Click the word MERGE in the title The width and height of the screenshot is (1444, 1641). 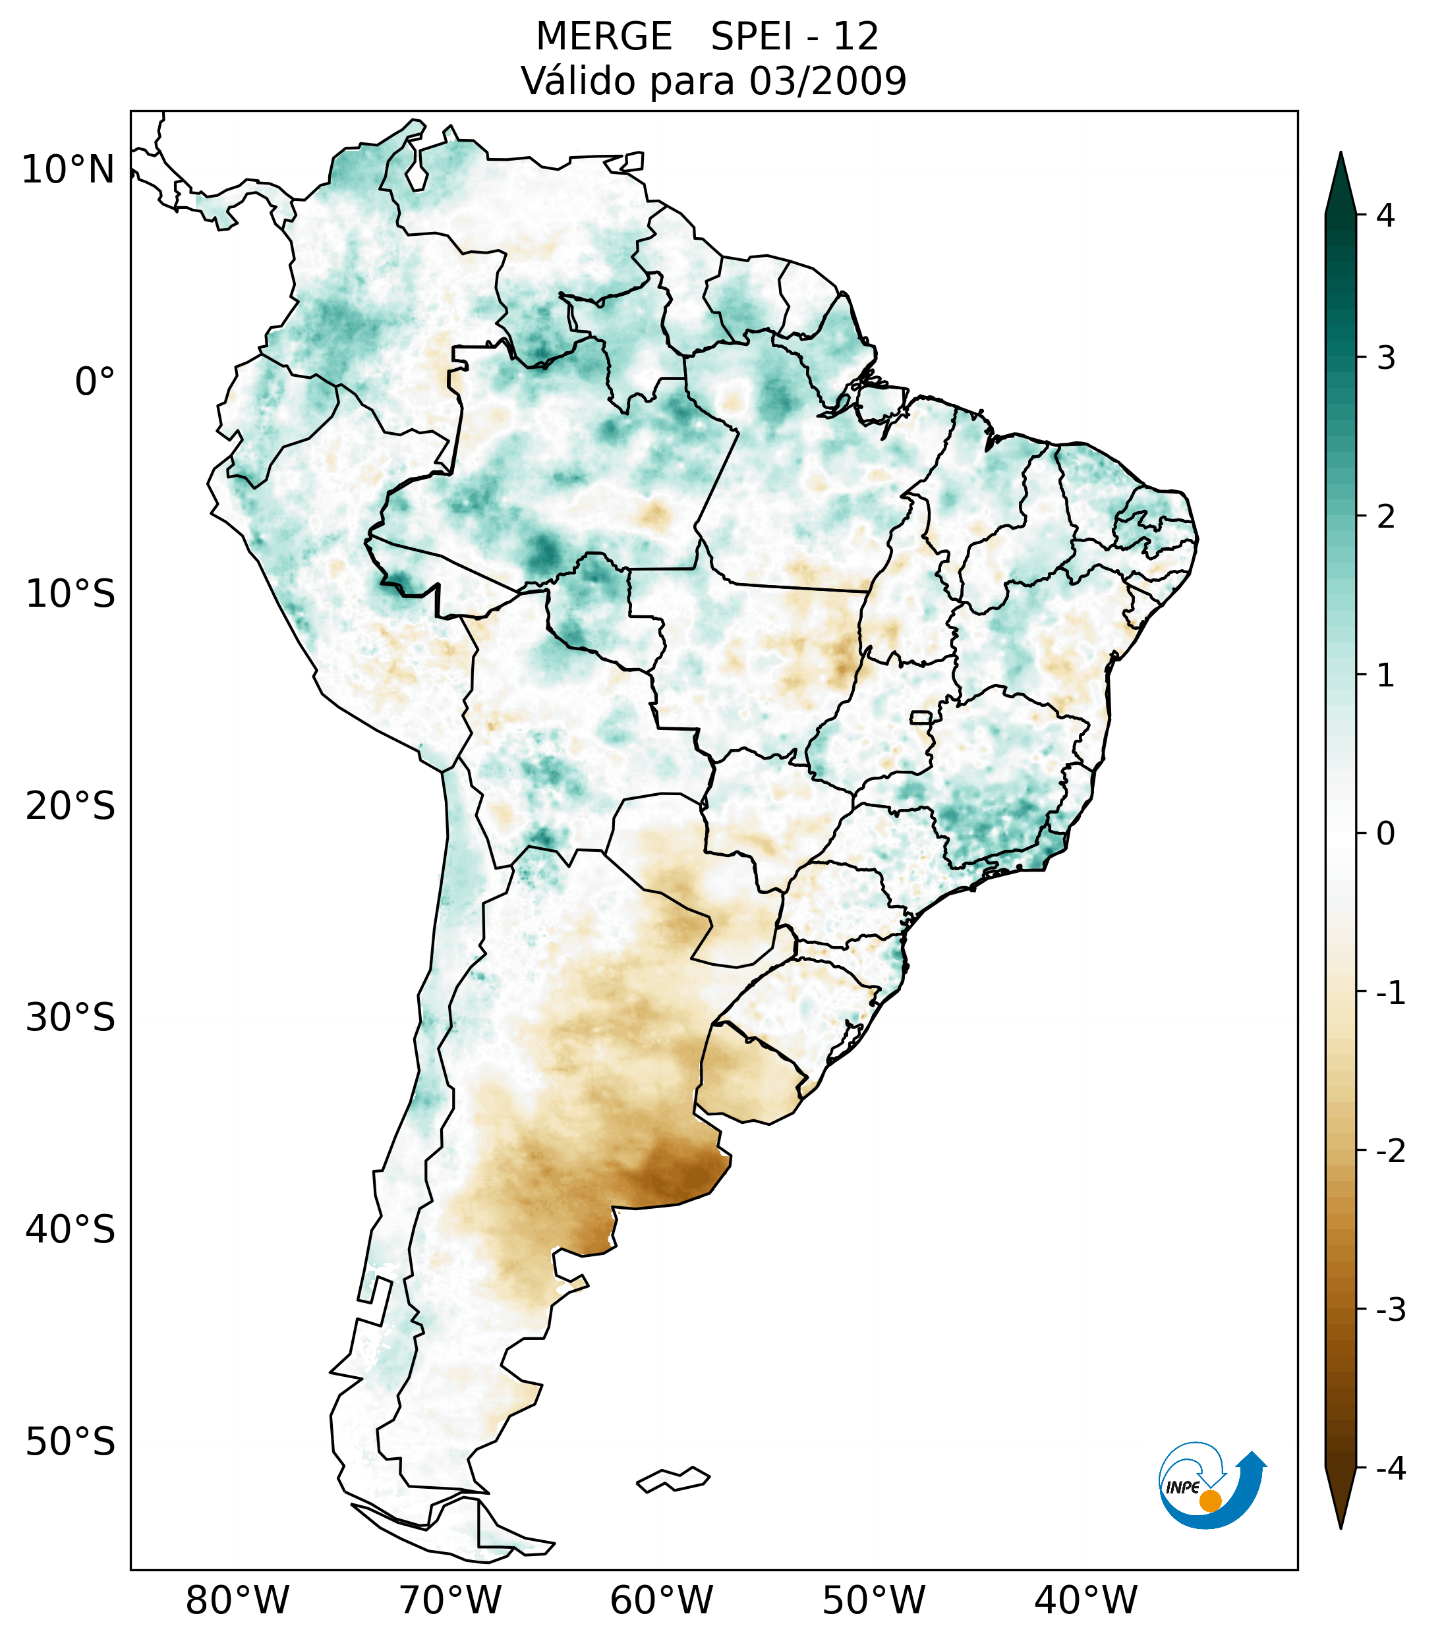[603, 37]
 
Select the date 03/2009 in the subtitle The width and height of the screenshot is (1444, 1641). [827, 81]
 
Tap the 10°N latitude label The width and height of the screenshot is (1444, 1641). [67, 170]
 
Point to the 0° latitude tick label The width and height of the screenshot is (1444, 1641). [95, 382]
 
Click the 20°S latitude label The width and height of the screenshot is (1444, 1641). [71, 806]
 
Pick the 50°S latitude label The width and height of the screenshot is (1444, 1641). [71, 1442]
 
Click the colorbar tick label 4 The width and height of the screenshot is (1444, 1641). [1385, 215]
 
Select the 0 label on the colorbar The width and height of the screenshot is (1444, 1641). [1385, 834]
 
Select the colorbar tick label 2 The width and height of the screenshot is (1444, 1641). [1385, 517]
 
